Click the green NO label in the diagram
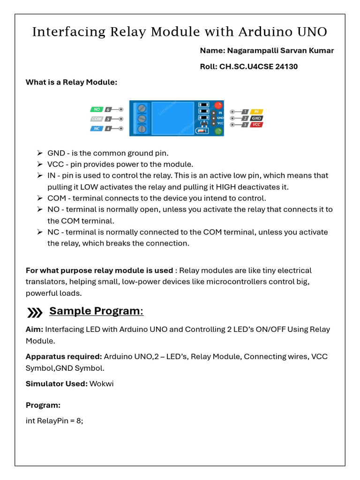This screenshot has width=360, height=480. (96, 109)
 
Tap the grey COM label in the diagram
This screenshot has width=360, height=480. (96, 119)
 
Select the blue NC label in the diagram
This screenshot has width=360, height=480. (96, 128)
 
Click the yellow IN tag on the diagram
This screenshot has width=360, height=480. (256, 112)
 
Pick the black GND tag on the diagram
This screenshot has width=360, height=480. (256, 118)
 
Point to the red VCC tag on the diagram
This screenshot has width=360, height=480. (256, 125)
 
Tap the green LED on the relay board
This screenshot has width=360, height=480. (217, 132)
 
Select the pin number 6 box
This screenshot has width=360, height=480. (108, 109)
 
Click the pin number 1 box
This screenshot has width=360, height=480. (245, 112)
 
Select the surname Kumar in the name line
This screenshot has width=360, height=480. (322, 51)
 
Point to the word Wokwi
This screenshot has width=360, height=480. (102, 384)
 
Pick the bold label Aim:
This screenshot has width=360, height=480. (34, 330)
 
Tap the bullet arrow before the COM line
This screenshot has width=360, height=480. (40, 198)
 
